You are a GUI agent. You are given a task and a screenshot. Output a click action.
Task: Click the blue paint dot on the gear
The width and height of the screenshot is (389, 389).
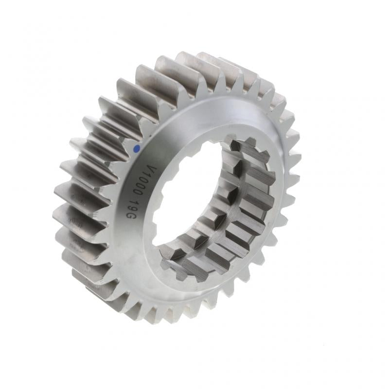click(137, 148)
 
